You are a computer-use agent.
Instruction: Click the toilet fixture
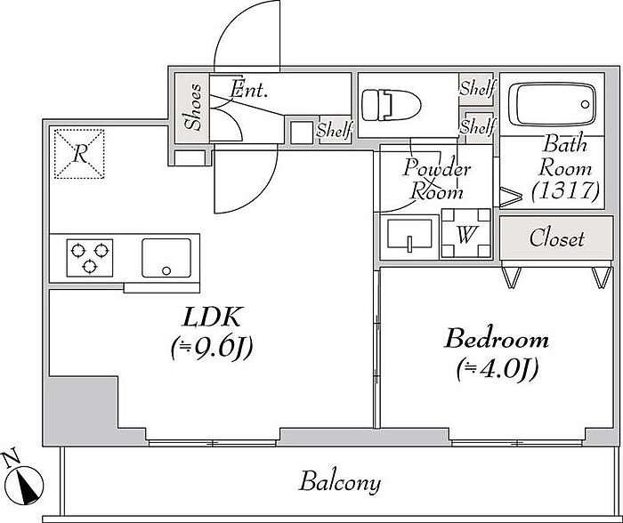pyautogui.click(x=391, y=105)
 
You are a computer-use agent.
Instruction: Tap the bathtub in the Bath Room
pyautogui.click(x=555, y=104)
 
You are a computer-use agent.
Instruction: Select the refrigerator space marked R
pyautogui.click(x=79, y=154)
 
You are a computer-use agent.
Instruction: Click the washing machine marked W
pyautogui.click(x=466, y=233)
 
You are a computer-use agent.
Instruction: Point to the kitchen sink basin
pyautogui.click(x=166, y=258)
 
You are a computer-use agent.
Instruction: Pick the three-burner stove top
pyautogui.click(x=90, y=258)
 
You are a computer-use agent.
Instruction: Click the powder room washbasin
pyautogui.click(x=410, y=235)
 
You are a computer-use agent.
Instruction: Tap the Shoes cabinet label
pyautogui.click(x=193, y=108)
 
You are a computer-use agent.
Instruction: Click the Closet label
pyautogui.click(x=556, y=238)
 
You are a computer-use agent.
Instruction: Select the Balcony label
pyautogui.click(x=340, y=482)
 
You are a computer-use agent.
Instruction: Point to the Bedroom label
pyautogui.click(x=497, y=339)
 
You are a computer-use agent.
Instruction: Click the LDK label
pyautogui.click(x=213, y=317)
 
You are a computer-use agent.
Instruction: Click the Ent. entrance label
pyautogui.click(x=249, y=89)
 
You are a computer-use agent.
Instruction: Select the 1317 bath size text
pyautogui.click(x=565, y=191)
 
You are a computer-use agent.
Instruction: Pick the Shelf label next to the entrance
pyautogui.click(x=335, y=129)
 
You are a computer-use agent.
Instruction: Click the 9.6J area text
pyautogui.click(x=212, y=349)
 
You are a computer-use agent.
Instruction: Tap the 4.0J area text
pyautogui.click(x=498, y=368)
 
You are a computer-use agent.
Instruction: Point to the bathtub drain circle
pyautogui.click(x=585, y=104)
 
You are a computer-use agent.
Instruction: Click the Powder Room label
pyautogui.click(x=437, y=180)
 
